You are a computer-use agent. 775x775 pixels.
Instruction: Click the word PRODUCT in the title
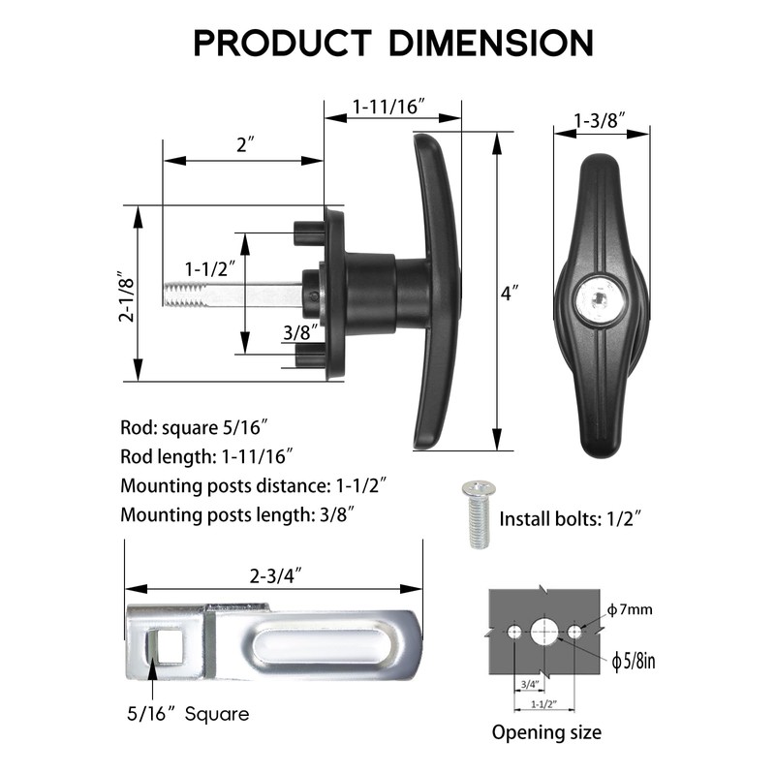[x=282, y=43]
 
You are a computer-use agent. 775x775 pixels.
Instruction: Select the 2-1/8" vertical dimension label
[x=127, y=296]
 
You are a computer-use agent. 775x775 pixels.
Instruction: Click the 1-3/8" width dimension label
[x=600, y=120]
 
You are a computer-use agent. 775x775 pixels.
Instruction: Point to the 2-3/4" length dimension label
[x=275, y=575]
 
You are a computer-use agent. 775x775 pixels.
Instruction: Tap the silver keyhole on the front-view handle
[x=598, y=299]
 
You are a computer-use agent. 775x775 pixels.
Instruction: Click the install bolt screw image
[x=477, y=514]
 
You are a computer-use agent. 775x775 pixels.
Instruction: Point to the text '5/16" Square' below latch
[x=188, y=714]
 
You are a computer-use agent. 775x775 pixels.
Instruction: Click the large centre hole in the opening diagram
[x=543, y=632]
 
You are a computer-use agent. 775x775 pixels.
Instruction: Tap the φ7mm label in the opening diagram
[x=630, y=610]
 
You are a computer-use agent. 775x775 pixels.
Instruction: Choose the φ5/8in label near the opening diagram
[x=634, y=661]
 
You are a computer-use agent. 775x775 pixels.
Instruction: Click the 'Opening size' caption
[x=546, y=732]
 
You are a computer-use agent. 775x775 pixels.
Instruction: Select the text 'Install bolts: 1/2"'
[x=571, y=519]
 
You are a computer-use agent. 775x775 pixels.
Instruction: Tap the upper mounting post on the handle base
[x=309, y=232]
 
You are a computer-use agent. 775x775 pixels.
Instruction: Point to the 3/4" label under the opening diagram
[x=529, y=685]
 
